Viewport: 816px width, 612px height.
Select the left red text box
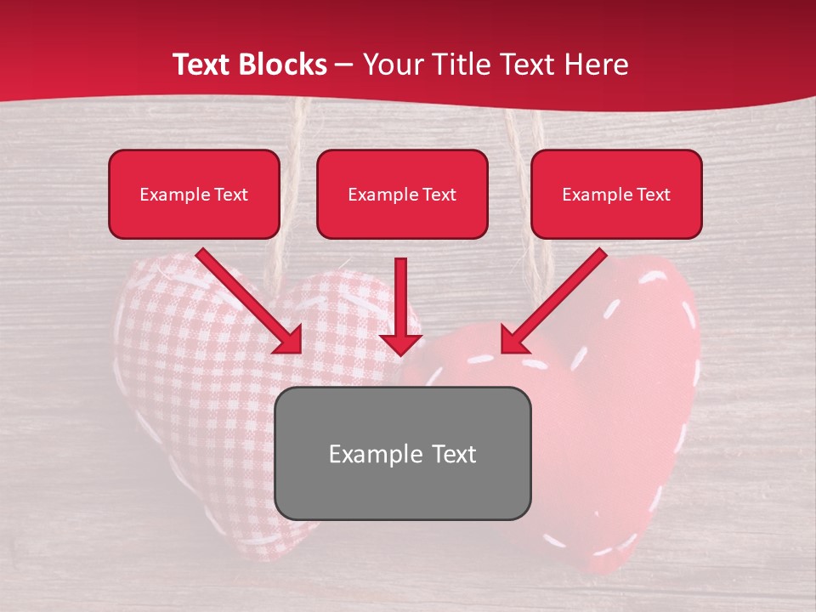[194, 195]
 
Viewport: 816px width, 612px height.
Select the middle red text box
[402, 195]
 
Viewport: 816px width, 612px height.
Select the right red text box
[616, 195]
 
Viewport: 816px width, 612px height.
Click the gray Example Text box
[403, 454]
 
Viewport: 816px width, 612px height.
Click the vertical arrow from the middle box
[400, 297]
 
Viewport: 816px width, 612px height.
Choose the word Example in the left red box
[167, 195]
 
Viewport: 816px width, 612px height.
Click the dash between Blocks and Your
[345, 65]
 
